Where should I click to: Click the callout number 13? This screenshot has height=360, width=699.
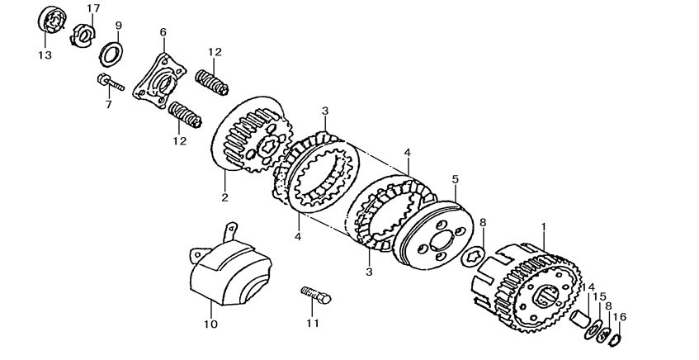(44, 55)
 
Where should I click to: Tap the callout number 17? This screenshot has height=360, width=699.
(93, 8)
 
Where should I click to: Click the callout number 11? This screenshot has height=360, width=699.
(312, 323)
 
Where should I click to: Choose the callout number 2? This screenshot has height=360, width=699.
(224, 197)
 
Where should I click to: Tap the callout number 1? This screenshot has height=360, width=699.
(543, 225)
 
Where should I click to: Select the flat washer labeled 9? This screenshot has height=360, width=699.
(112, 55)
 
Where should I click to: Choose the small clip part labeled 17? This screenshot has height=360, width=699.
(82, 35)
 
